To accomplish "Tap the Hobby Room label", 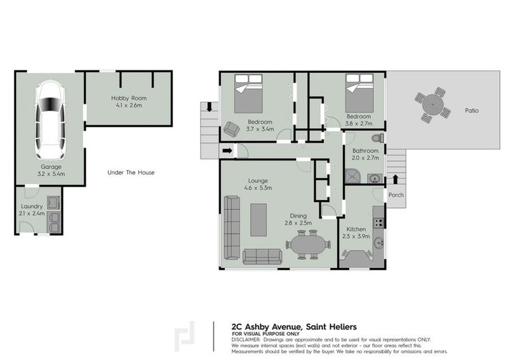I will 128,98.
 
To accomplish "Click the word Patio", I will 471,110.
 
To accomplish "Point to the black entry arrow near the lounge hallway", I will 227,150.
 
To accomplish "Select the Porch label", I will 396,195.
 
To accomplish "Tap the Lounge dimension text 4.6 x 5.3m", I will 260,188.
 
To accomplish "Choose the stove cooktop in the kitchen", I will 380,222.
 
